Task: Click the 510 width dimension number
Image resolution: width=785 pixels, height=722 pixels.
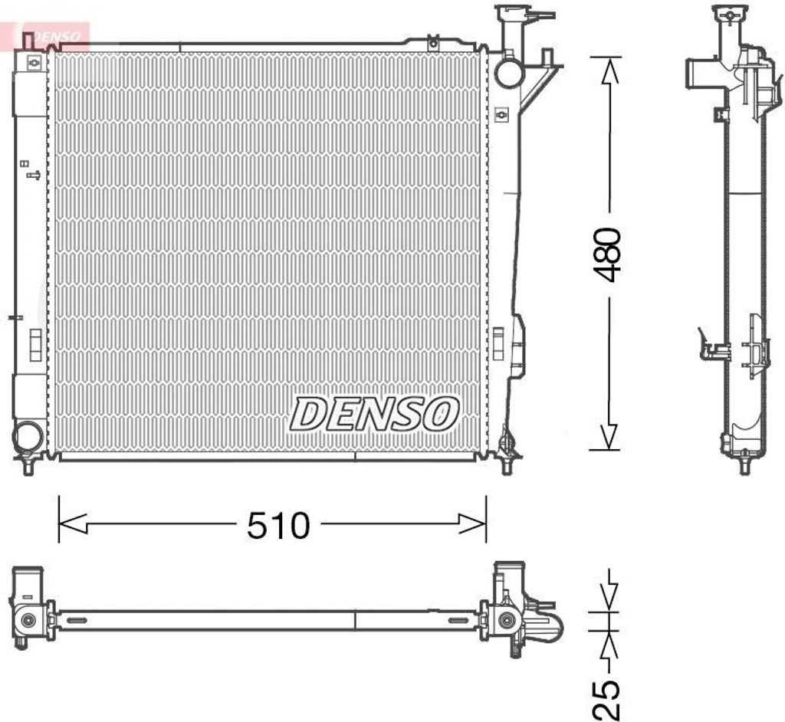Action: tap(278, 526)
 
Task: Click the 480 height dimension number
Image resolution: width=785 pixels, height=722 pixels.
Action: tap(606, 254)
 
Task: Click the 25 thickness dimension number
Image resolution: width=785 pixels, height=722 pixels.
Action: tap(606, 699)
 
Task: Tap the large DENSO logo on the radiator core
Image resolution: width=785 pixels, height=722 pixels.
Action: tap(374, 414)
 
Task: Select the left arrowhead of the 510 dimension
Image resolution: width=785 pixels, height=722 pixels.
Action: tap(73, 523)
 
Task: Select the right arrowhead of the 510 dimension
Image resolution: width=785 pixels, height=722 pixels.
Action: tap(472, 523)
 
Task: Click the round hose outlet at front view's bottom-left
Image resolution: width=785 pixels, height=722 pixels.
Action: tap(27, 437)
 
